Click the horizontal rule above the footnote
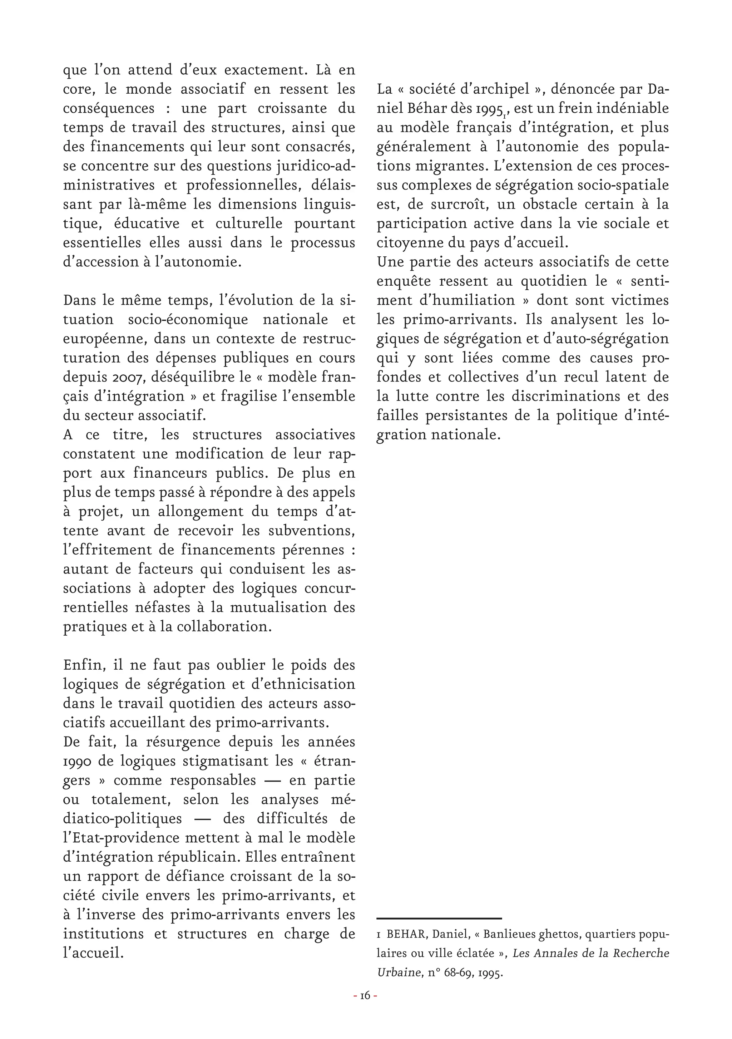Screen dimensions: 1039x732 (439, 918)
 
